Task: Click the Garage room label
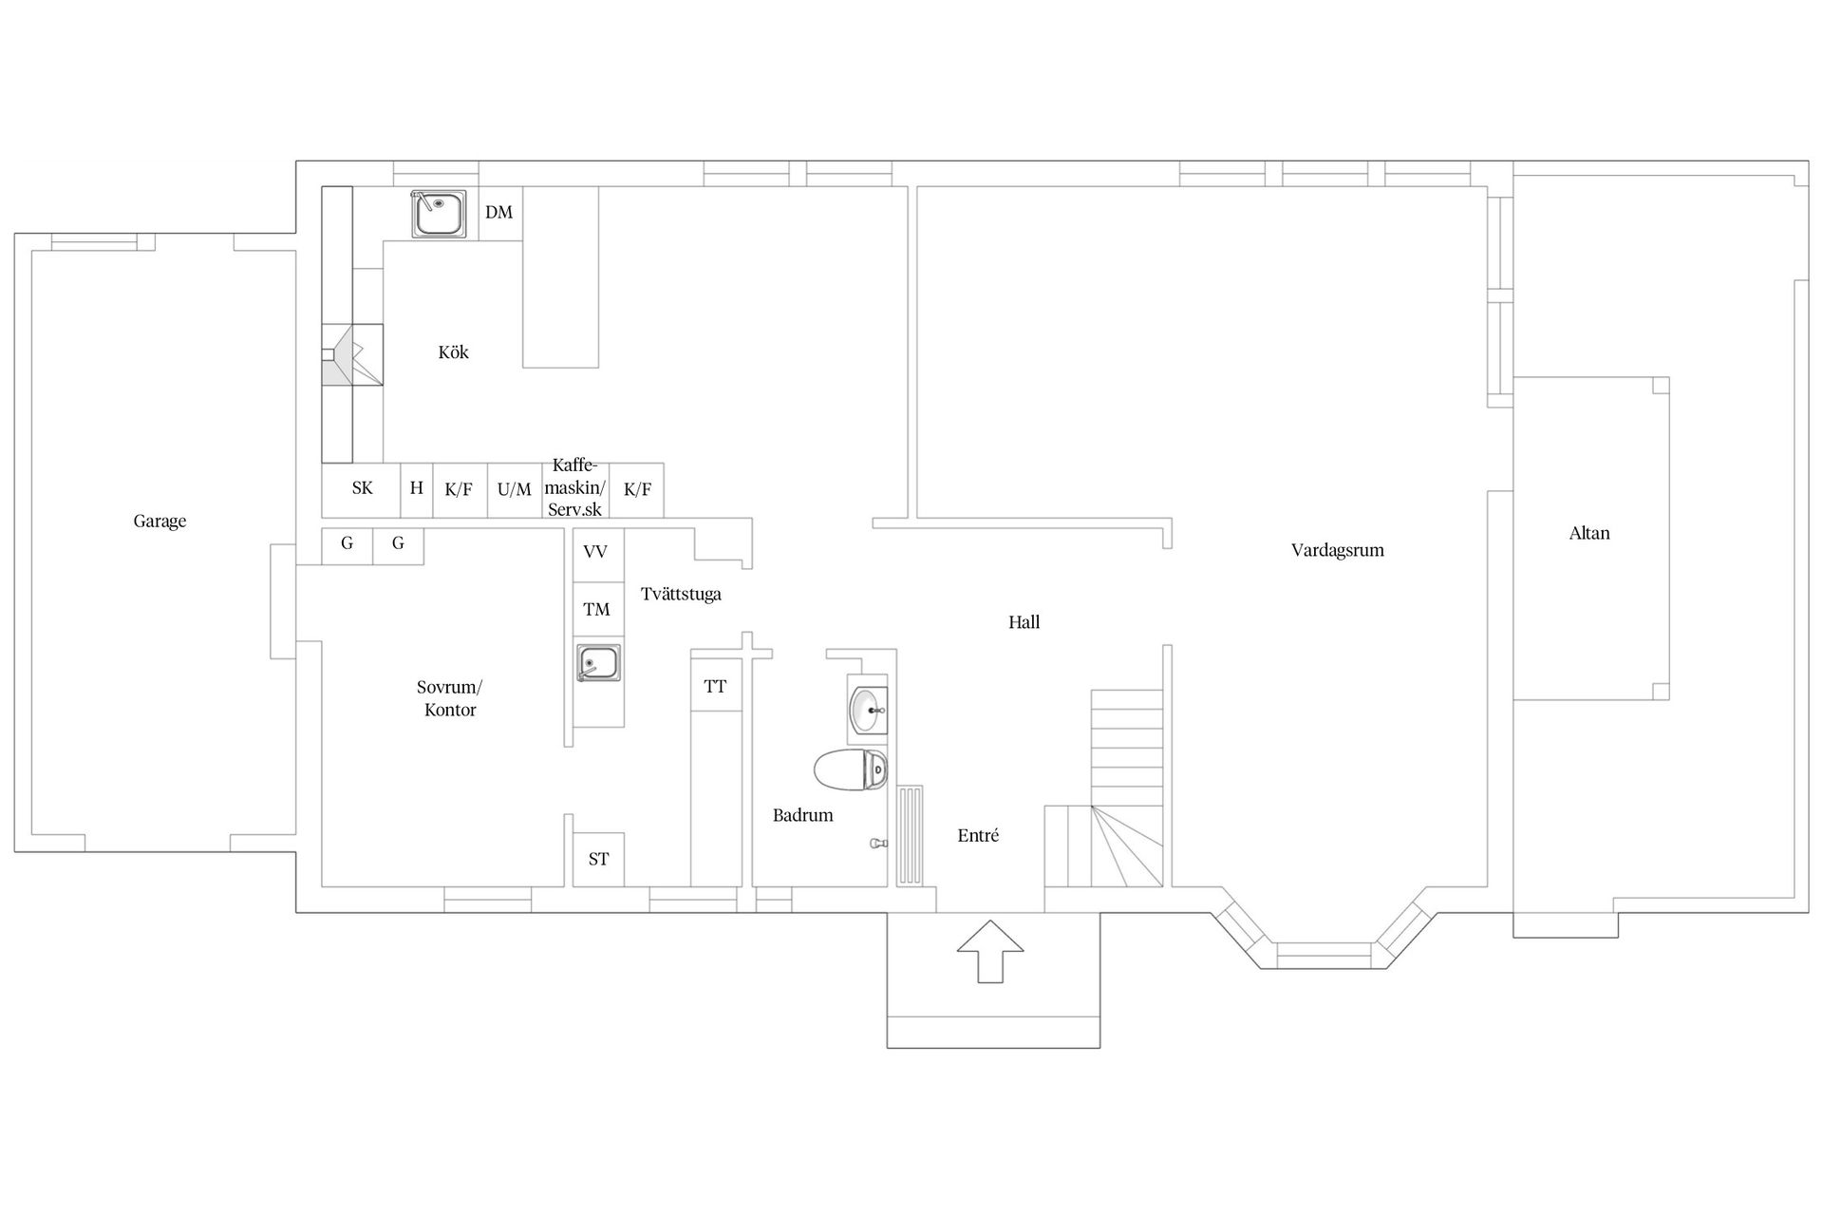coord(160,521)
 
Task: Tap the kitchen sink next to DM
coord(439,214)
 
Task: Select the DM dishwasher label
coord(498,212)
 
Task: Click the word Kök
coord(454,351)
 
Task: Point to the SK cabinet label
coord(362,488)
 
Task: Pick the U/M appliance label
coord(515,489)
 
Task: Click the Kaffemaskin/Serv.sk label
coord(575,487)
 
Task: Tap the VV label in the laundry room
coord(595,551)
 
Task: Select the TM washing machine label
coord(596,609)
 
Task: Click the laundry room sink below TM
coord(598,662)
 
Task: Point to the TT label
coord(715,686)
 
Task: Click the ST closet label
coord(598,859)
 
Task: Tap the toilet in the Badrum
coord(851,769)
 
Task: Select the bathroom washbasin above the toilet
coord(867,710)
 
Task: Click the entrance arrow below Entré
coord(990,951)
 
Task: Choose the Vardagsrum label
coord(1337,550)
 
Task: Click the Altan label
coord(1589,533)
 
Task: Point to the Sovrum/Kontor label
coord(450,698)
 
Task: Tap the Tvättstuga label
coord(681,594)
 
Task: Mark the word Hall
coord(1024,622)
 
